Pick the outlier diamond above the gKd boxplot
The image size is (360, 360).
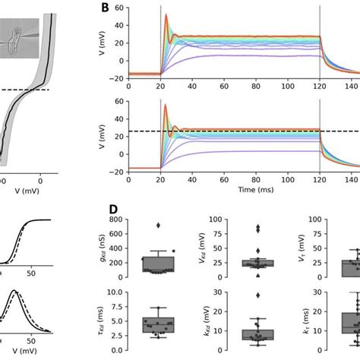coord(158,226)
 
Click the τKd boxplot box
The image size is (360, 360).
coord(158,325)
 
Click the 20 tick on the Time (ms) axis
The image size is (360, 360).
coord(160,176)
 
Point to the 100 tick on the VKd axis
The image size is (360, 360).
coord(214,220)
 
